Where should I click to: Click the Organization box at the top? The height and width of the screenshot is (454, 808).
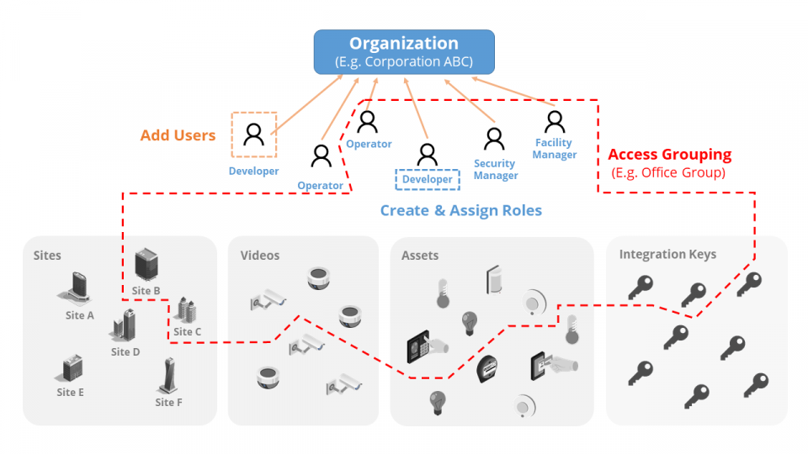404,51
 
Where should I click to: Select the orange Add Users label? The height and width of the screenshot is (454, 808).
178,135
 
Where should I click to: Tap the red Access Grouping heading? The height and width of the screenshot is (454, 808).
669,155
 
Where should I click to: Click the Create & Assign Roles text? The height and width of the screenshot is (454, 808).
460,210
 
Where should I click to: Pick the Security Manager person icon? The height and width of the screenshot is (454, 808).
494,139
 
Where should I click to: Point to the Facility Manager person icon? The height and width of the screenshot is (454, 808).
554,123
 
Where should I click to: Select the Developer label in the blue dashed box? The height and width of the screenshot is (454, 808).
427,180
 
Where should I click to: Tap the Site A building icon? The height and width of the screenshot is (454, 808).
77,288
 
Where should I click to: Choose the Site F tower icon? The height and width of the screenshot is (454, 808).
168,376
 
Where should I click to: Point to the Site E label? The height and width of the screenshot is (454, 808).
71,393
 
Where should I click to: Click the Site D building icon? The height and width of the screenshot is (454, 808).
125,326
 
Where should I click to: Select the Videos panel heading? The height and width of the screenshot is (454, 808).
260,256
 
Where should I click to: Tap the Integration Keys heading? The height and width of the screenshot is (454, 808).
667,255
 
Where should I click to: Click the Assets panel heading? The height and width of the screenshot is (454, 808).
420,256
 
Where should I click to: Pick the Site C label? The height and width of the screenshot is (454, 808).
188,332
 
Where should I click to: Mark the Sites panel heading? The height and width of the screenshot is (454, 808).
48,256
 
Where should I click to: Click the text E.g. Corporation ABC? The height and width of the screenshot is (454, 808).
404,61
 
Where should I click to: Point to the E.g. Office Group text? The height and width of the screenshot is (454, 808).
669,172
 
